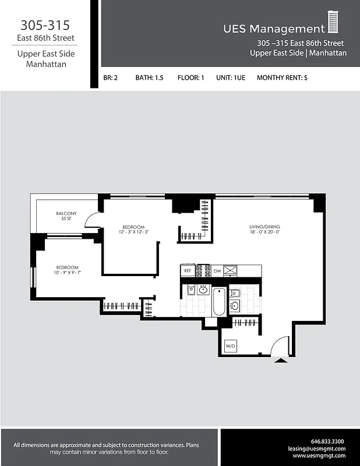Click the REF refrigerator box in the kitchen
pyautogui.click(x=188, y=271)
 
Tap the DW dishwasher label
pyautogui.click(x=217, y=271)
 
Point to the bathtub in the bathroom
pyautogui.click(x=219, y=302)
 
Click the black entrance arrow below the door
pyautogui.click(x=281, y=361)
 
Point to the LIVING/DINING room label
pyautogui.click(x=265, y=228)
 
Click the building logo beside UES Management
pyautogui.click(x=333, y=23)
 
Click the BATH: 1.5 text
pyautogui.click(x=149, y=77)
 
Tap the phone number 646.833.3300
pyautogui.click(x=327, y=441)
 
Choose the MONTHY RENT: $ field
pyautogui.click(x=281, y=77)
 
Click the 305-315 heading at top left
pyautogui.click(x=45, y=25)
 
